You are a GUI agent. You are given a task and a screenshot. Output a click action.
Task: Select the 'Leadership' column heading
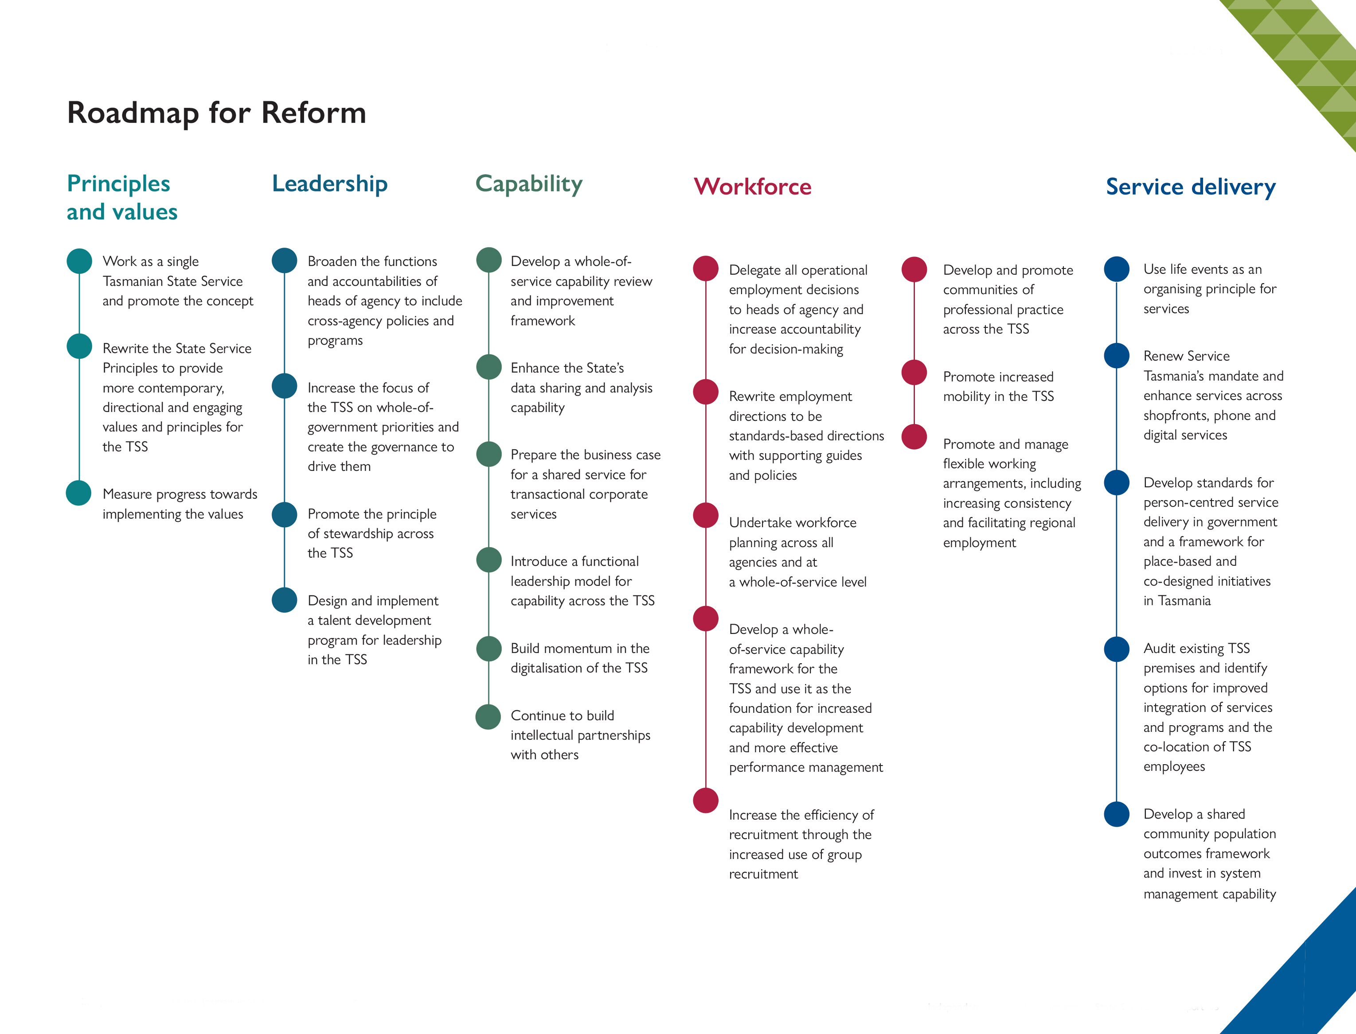(x=330, y=184)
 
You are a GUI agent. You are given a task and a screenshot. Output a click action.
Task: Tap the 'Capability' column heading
(x=529, y=184)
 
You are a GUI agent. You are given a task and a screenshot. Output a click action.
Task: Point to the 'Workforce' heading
(x=753, y=187)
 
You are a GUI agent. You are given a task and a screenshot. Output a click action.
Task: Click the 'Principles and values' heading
(x=122, y=197)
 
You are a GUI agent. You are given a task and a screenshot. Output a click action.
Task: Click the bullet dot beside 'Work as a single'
(x=79, y=261)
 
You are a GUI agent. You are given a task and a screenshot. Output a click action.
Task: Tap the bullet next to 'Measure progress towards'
(x=79, y=493)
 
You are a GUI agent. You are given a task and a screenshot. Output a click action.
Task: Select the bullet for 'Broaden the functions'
(x=285, y=260)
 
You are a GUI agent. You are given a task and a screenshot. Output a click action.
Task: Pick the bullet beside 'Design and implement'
(x=285, y=600)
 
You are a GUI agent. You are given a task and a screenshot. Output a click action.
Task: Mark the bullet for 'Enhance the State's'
(x=489, y=367)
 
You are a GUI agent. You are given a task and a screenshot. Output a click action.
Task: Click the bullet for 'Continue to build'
(x=488, y=716)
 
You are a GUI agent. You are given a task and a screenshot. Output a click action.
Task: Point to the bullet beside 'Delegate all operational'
(x=706, y=268)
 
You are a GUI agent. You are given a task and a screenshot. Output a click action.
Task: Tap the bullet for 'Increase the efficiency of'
(x=706, y=800)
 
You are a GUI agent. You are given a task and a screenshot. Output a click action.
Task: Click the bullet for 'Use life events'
(x=1117, y=269)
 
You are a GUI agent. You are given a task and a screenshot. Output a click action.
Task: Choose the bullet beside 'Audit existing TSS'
(x=1117, y=649)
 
